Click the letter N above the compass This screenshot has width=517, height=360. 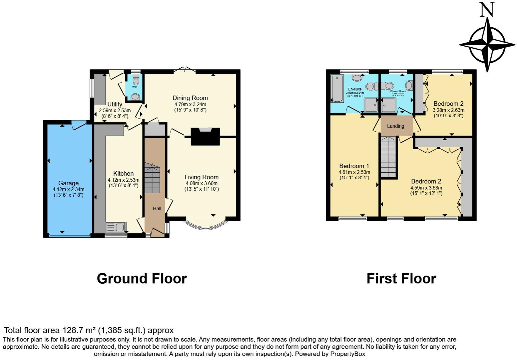(487, 10)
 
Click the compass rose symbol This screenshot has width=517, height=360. (487, 44)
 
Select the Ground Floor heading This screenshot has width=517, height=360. (142, 279)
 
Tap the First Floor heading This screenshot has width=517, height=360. (401, 279)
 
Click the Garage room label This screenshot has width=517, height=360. (68, 183)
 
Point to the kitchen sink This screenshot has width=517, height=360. (115, 227)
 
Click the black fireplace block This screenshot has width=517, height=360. (205, 137)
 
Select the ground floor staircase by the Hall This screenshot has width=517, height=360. (152, 178)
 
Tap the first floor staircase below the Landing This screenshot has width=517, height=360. (389, 157)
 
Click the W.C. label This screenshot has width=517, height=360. (135, 87)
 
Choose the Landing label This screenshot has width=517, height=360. (395, 126)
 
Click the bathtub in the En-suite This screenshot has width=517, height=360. (336, 88)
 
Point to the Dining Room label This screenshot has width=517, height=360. (190, 98)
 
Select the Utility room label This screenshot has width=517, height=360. (115, 104)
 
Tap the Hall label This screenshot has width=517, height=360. (157, 209)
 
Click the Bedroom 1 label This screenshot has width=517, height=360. (354, 166)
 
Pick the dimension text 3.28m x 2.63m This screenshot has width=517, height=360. (448, 110)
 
